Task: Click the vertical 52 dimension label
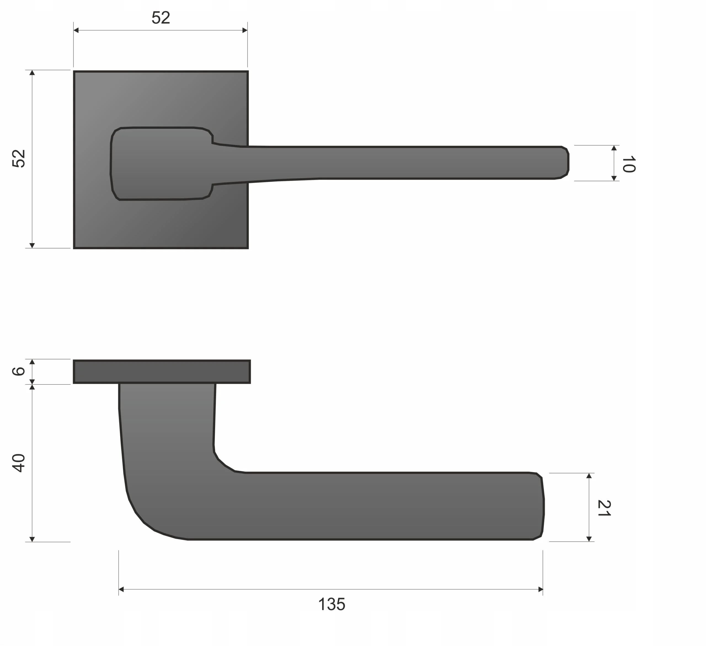click(18, 159)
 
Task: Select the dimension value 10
click(629, 164)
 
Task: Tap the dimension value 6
click(18, 371)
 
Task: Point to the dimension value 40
click(18, 463)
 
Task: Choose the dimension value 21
click(604, 508)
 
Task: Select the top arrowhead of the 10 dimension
click(614, 148)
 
